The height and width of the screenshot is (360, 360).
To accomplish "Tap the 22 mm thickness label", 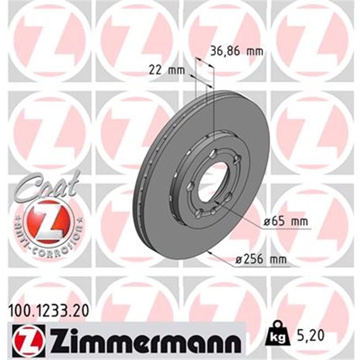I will [166, 71].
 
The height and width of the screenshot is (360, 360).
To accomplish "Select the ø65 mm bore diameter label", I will [287, 223].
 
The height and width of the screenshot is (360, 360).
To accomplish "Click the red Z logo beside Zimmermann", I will [22, 340].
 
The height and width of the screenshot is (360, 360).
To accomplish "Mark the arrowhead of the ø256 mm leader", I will [209, 253].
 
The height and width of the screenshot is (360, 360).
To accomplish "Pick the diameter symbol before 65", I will [266, 223].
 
